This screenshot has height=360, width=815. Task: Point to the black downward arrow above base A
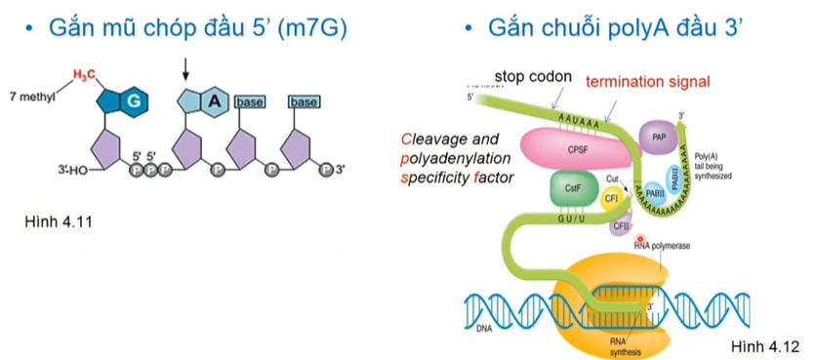pos(185,69)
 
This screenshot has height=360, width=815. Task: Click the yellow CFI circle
pos(612,198)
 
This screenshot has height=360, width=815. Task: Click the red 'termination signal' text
pos(648,81)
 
